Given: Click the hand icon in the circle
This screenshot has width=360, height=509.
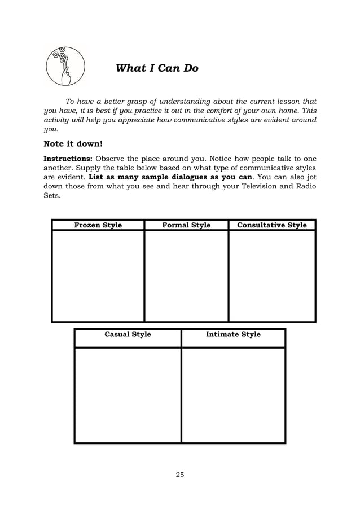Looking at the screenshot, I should click(x=64, y=67).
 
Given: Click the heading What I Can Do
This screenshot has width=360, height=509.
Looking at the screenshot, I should click(x=157, y=68).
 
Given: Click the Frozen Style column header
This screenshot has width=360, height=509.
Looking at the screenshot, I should click(x=98, y=225).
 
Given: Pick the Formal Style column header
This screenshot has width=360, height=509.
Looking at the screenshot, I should click(x=186, y=225).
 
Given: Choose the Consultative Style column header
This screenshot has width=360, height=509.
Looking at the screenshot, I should click(x=272, y=225).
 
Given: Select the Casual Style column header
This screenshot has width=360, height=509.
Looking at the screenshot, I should click(x=128, y=334).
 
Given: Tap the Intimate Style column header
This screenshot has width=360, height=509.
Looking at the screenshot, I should click(x=233, y=334).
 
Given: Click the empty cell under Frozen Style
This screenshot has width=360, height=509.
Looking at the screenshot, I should click(x=98, y=275).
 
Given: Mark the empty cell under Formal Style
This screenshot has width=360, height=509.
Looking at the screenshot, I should click(x=186, y=275).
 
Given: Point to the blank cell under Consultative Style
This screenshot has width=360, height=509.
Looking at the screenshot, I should click(x=272, y=275).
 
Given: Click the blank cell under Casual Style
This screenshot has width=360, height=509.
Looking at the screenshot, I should click(x=128, y=394).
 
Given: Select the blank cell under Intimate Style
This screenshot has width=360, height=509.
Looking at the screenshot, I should click(x=233, y=394).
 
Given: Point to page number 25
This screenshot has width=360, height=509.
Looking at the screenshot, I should click(x=180, y=474).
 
